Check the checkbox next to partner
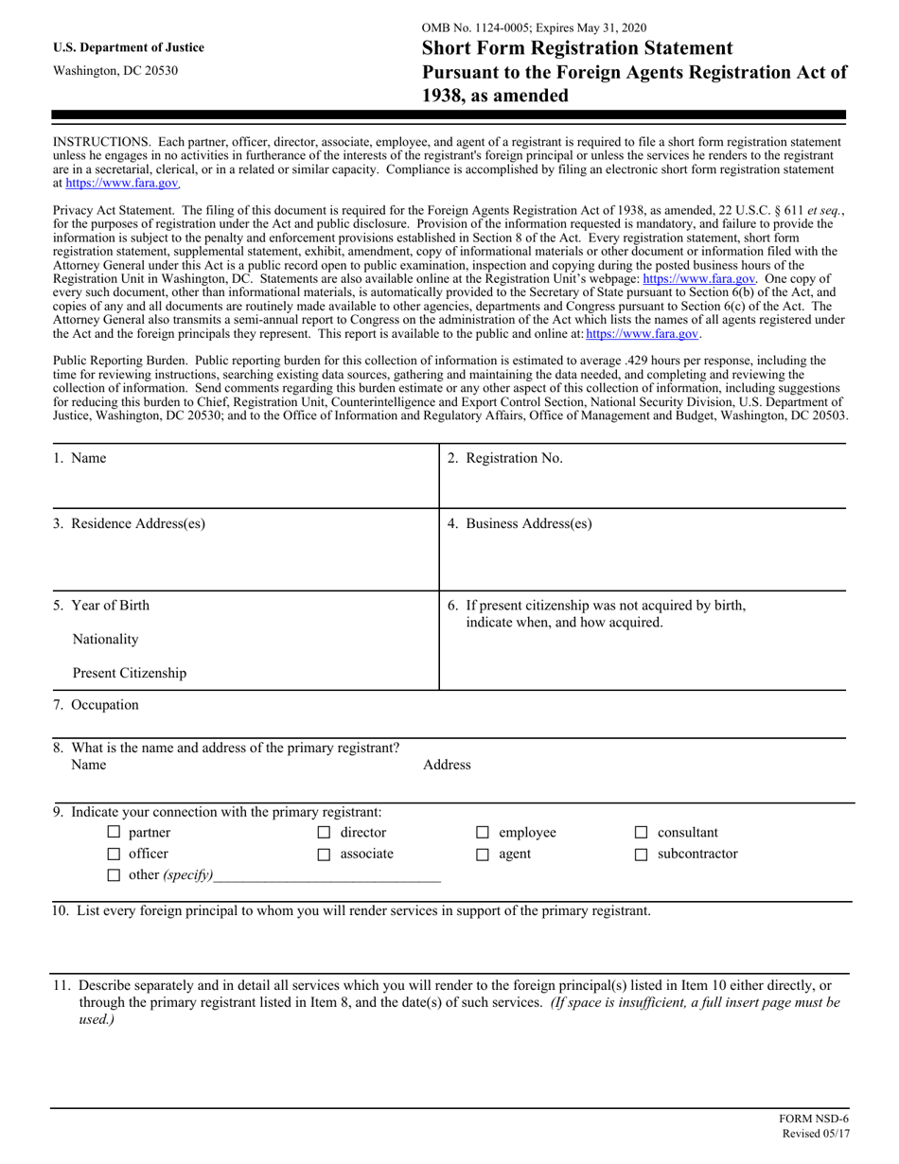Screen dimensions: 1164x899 114,834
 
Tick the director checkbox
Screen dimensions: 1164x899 324,834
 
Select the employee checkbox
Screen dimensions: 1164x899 482,834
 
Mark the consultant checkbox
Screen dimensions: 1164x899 641,834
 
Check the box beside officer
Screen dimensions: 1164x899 114,855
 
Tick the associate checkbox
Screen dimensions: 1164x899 324,855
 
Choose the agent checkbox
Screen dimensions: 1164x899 482,855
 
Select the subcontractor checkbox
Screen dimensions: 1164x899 641,855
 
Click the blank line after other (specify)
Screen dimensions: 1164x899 327,875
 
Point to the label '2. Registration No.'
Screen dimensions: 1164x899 504,459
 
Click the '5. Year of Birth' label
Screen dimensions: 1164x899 100,606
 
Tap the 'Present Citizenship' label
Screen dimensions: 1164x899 129,674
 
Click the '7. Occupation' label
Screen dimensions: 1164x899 96,705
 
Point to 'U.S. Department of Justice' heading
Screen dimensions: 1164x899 129,47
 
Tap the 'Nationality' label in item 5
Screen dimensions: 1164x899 105,640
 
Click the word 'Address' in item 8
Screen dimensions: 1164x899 447,765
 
